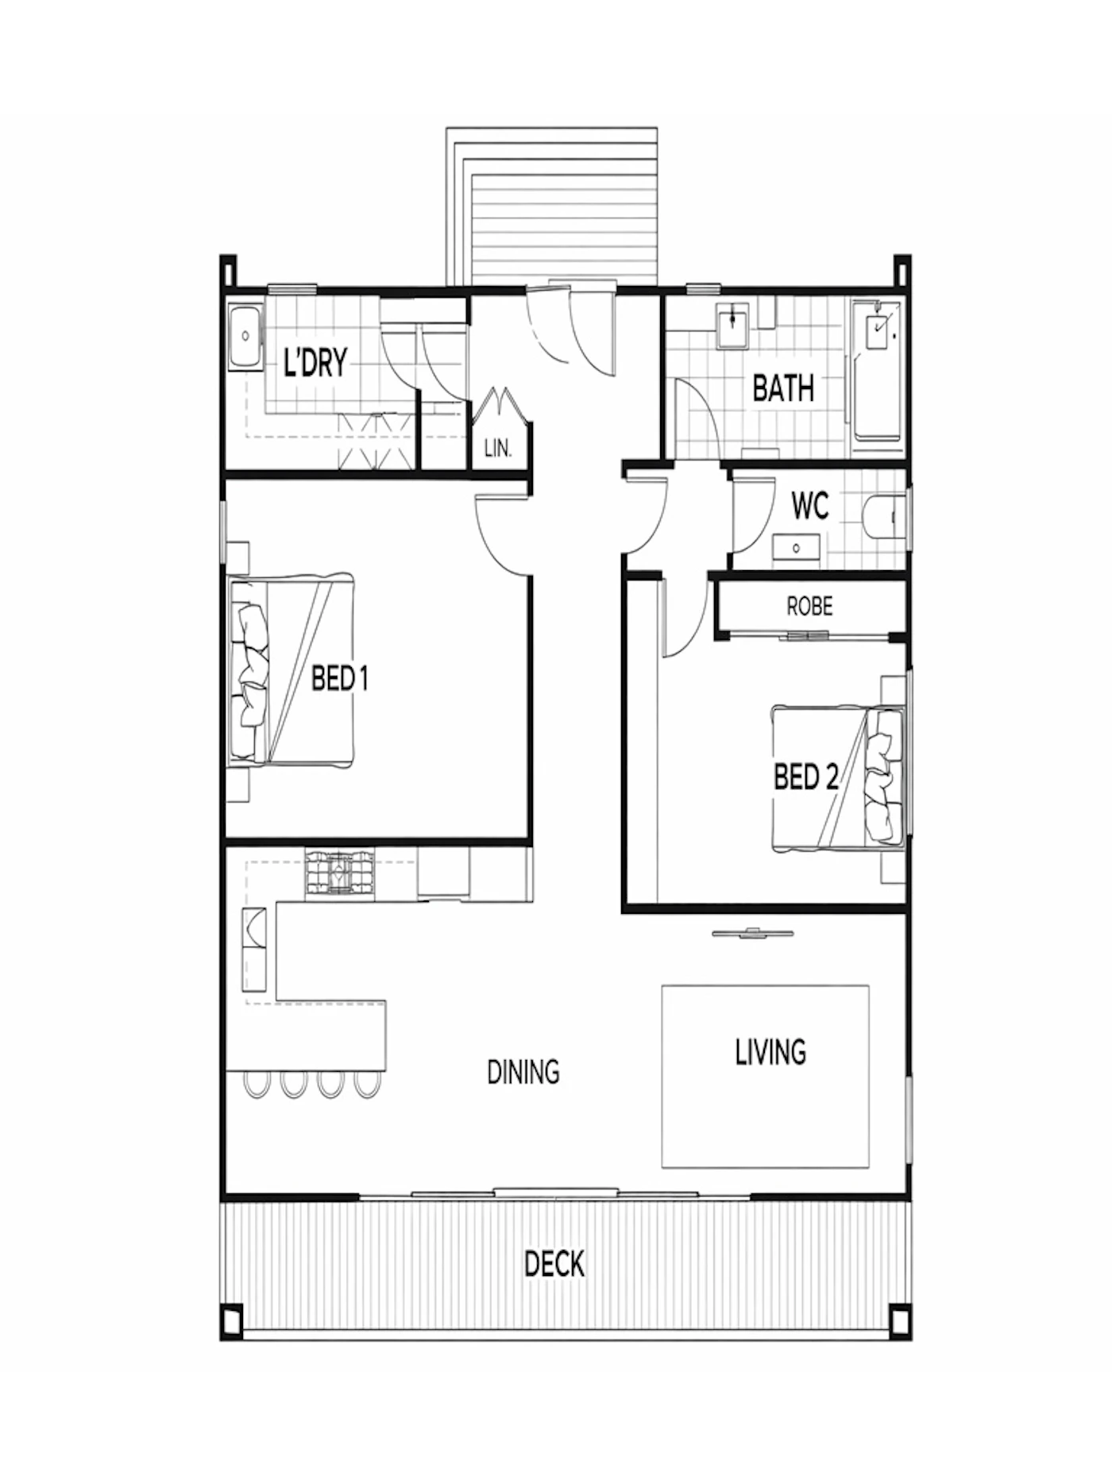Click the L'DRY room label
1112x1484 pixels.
point(315,363)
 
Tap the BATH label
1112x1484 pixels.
point(783,389)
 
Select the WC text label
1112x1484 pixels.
point(810,506)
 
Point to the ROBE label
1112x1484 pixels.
point(809,607)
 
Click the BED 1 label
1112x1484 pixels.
point(339,679)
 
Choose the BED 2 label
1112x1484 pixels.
point(805,776)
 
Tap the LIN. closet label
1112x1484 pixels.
point(498,449)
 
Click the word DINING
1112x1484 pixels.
point(523,1072)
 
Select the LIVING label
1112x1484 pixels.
point(770,1051)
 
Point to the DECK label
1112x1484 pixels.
point(554,1263)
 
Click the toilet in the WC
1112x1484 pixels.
point(883,518)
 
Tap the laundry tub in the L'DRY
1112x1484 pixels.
point(245,337)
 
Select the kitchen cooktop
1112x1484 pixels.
point(339,873)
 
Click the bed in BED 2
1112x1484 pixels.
point(838,778)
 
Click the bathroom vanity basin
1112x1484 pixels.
point(732,326)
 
